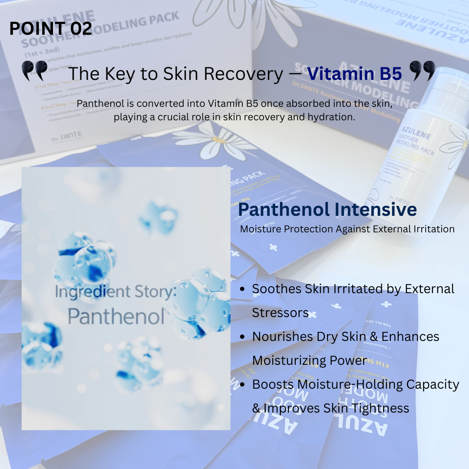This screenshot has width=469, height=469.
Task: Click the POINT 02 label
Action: click(50, 29)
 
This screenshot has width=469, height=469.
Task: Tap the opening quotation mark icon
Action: click(34, 70)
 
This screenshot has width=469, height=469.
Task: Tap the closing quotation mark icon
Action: click(422, 70)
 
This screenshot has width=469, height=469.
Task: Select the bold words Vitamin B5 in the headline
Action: click(354, 74)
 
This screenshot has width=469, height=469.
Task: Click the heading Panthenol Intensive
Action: click(327, 210)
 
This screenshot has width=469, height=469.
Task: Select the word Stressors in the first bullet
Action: click(280, 313)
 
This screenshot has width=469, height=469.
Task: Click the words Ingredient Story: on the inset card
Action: click(116, 291)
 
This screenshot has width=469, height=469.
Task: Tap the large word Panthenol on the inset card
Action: click(116, 317)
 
